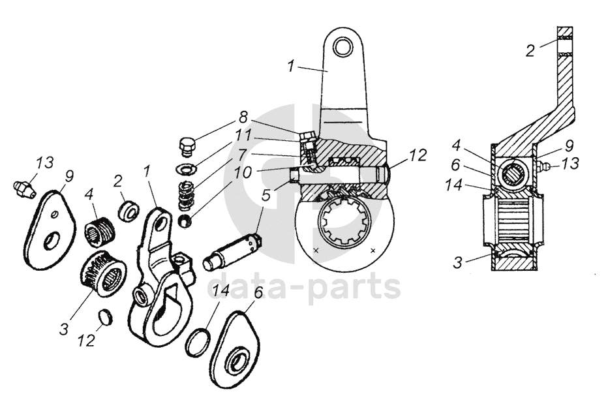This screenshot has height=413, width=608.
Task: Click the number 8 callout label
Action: click(243, 117)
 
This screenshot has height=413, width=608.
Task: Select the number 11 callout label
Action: click(244, 136)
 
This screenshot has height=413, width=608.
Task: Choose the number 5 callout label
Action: click(266, 194)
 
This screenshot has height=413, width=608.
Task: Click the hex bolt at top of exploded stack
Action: click(187, 147)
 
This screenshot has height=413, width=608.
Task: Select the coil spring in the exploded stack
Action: click(187, 194)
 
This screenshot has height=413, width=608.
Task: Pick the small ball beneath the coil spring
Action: click(186, 219)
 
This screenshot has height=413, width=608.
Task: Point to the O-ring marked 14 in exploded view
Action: click(197, 343)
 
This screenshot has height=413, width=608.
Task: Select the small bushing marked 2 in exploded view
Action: click(128, 211)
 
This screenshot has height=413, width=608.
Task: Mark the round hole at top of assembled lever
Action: click(342, 47)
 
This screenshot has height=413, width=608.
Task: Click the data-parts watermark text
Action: click(304, 288)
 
